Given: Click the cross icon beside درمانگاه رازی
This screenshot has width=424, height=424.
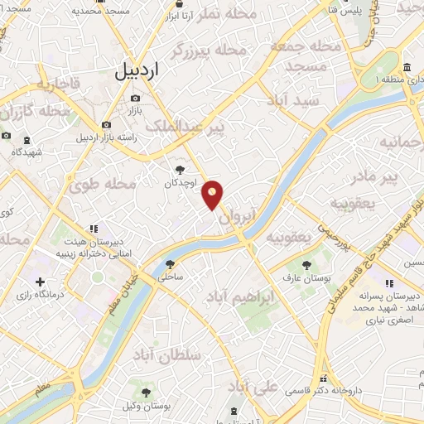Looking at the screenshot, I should [x=41, y=282].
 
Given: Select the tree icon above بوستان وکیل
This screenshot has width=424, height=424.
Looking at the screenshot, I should [x=147, y=392].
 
